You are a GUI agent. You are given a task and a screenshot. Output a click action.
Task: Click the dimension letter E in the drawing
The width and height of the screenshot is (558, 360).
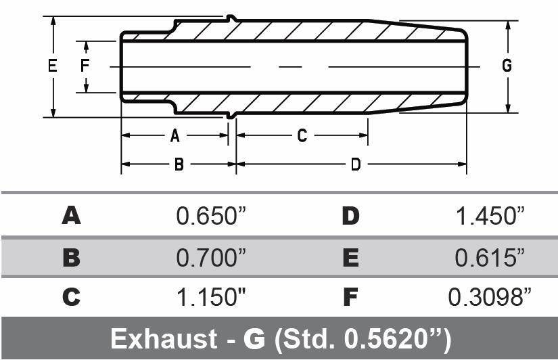click(51, 66)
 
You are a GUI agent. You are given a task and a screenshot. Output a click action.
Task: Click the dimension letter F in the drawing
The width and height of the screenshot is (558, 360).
click(85, 66)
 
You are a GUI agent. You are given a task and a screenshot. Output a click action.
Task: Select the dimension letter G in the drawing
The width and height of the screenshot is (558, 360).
click(507, 66)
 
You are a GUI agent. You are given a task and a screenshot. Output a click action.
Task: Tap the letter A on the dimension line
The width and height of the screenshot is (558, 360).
click(175, 136)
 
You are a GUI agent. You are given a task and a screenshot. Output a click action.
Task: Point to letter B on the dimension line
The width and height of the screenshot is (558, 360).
click(179, 164)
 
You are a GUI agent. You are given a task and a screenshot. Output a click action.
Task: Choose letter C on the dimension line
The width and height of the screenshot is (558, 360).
click(302, 136)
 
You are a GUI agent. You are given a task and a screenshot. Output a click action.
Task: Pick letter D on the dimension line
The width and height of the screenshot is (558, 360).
click(355, 164)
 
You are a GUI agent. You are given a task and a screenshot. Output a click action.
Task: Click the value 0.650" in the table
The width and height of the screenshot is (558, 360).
click(210, 217)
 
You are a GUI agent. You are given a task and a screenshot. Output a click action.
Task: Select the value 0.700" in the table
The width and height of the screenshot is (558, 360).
click(210, 257)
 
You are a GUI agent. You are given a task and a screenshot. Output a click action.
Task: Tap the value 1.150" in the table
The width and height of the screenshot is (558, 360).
click(210, 298)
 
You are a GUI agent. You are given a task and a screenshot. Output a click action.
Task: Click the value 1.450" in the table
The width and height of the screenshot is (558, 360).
click(490, 217)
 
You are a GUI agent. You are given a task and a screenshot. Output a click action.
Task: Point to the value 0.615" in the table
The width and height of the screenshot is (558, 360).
click(490, 257)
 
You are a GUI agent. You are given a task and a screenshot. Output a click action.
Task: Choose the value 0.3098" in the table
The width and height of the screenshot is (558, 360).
click(490, 298)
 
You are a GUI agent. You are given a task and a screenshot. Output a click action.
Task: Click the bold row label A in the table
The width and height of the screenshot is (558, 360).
click(71, 217)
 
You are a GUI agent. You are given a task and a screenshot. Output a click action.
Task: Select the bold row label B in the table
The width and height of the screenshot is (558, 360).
click(71, 257)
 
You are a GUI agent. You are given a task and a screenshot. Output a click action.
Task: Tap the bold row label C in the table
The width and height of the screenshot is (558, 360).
click(71, 298)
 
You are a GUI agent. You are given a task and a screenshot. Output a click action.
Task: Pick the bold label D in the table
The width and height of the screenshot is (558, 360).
click(350, 217)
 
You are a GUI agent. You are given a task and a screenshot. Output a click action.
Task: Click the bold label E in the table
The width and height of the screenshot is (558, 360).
click(350, 257)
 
